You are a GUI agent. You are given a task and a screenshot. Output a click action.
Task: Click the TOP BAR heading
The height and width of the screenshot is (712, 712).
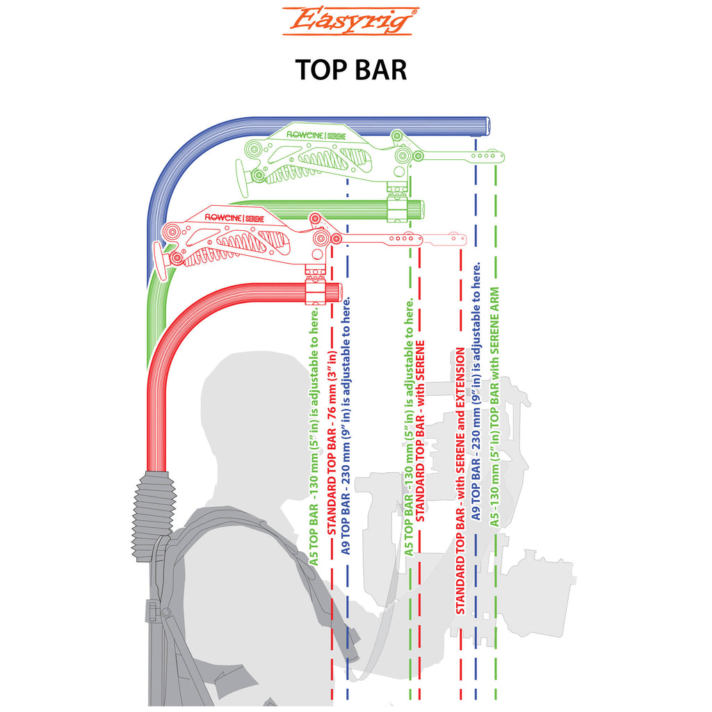[x=351, y=70]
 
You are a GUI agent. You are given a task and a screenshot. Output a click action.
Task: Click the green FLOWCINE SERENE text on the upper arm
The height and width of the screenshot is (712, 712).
[x=316, y=136]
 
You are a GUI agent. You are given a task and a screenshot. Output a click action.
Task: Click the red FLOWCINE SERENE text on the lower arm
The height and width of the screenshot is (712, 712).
[x=234, y=218]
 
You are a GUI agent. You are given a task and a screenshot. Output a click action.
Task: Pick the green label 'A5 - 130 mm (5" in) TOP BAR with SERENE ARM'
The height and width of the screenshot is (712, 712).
[x=494, y=406]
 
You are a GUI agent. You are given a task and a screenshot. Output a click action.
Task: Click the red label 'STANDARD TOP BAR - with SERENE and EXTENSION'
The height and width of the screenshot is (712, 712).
[x=460, y=481]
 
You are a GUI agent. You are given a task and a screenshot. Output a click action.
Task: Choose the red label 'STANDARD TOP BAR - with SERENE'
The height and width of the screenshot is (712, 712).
[x=420, y=431]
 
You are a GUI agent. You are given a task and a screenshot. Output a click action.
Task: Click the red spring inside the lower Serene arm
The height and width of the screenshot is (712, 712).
[x=238, y=248]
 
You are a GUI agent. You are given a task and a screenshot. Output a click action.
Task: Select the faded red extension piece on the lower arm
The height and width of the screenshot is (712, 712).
[x=444, y=238]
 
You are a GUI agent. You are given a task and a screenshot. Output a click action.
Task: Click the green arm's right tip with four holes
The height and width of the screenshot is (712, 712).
[x=486, y=156]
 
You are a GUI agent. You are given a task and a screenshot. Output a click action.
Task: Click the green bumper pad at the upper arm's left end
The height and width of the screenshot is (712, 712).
[x=243, y=176]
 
